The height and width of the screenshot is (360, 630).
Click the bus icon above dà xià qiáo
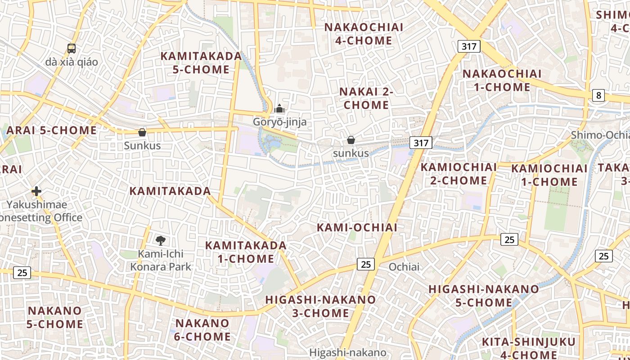click(71, 48)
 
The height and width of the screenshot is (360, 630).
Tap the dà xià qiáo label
click(71, 62)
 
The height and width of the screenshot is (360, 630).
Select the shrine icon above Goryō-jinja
click(279, 109)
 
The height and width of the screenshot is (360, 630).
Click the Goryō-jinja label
click(279, 122)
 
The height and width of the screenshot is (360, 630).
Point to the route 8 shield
click(598, 95)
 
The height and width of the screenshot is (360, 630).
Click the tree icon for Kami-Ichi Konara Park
click(160, 240)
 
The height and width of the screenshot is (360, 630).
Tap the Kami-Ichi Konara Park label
click(161, 260)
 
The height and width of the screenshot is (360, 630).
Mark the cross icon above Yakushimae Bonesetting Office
click(36, 191)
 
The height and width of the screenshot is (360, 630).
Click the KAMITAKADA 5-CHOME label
click(201, 63)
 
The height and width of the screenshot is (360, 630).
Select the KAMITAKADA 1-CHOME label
click(246, 252)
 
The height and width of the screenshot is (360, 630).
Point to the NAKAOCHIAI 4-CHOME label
click(364, 34)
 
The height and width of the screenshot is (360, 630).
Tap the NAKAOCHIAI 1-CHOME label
click(502, 80)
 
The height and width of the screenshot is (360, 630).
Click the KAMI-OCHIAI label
click(357, 227)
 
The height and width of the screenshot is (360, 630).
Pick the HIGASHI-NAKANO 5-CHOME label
click(483, 296)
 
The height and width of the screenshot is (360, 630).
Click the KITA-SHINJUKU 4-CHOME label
click(528, 348)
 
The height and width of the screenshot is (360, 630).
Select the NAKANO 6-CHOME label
click(202, 329)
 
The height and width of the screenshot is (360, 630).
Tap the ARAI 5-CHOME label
click(52, 130)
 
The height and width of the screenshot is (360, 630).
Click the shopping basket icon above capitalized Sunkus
click(142, 132)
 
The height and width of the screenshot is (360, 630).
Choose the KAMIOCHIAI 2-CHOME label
click(459, 174)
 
